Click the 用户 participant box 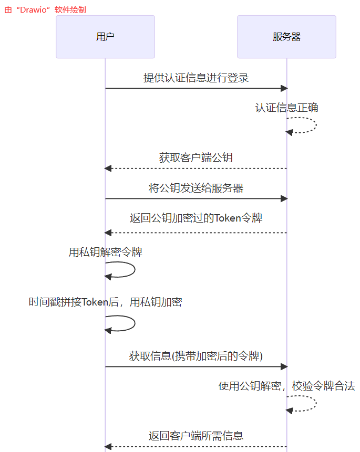[x=105, y=37]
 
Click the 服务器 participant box [x=286, y=37]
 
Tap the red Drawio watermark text [x=45, y=9]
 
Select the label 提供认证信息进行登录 [x=196, y=78]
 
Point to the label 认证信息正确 [x=286, y=108]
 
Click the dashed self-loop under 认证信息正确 [x=314, y=125]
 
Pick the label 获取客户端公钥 [x=196, y=157]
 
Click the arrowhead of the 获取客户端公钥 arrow [x=108, y=168]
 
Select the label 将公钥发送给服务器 [x=196, y=188]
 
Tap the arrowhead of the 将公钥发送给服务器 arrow [x=284, y=198]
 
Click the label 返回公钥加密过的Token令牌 [x=196, y=218]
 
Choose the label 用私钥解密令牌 [x=105, y=252]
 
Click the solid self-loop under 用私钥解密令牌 [x=133, y=270]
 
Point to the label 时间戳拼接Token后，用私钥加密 [x=105, y=302]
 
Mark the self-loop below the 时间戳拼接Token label [x=133, y=323]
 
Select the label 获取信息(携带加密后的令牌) [x=196, y=356]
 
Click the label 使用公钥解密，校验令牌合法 [x=286, y=386]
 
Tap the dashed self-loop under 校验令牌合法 [x=314, y=403]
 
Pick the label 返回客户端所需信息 [x=196, y=436]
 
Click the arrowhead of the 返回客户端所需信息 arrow [x=108, y=446]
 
